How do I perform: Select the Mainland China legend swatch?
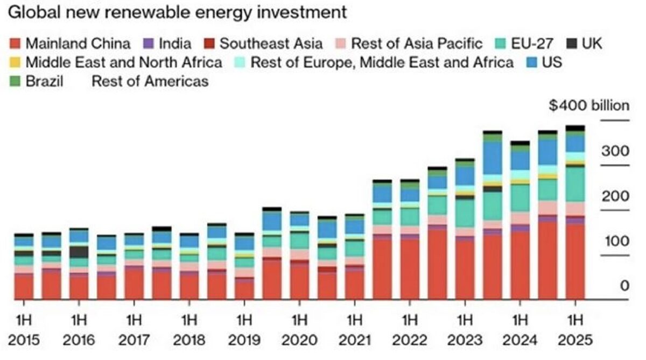tap(15, 43)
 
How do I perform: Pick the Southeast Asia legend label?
tap(271, 43)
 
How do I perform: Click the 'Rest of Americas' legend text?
tap(150, 82)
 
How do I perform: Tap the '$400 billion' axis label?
tap(588, 105)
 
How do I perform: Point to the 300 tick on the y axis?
tap(615, 151)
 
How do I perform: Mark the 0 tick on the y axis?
tap(623, 285)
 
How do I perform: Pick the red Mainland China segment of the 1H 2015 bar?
tap(24, 286)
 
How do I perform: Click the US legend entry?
tap(544, 62)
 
